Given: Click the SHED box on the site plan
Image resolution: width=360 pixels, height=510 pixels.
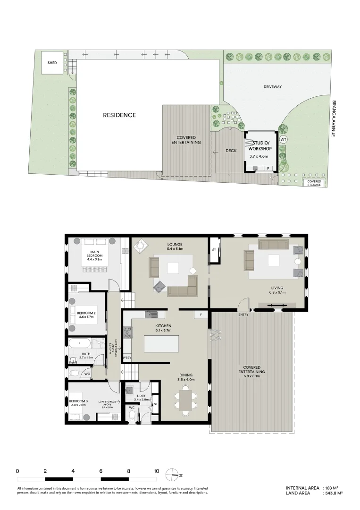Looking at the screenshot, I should [52, 63].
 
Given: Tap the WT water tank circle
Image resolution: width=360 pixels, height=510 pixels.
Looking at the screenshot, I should [283, 140].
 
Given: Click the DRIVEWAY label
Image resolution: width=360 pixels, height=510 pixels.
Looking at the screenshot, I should [272, 87].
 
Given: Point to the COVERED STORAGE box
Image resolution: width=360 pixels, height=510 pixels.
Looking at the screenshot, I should [314, 183].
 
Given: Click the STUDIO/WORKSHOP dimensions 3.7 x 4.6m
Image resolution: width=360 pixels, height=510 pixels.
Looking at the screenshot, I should [259, 156].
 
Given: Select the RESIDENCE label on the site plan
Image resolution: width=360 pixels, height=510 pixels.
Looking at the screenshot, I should [119, 115].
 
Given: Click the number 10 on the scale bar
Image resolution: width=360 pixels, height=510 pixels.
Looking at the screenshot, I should [156, 471].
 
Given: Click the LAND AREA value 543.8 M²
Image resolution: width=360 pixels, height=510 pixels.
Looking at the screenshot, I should [333, 493].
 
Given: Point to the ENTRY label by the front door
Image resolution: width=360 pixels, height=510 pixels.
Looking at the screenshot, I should [243, 314].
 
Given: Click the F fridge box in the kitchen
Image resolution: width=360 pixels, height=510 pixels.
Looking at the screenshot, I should [201, 314].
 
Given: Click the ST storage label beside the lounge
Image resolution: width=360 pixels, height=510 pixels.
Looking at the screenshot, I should [214, 250].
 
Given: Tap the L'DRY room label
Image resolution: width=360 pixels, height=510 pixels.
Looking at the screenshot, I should [141, 397].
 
